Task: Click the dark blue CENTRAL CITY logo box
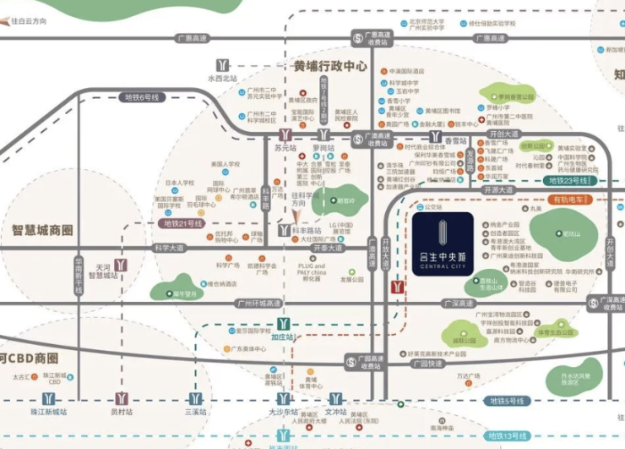point(443,244)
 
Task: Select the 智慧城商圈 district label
point(42,230)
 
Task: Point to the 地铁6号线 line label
point(139,96)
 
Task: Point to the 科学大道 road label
point(169,248)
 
